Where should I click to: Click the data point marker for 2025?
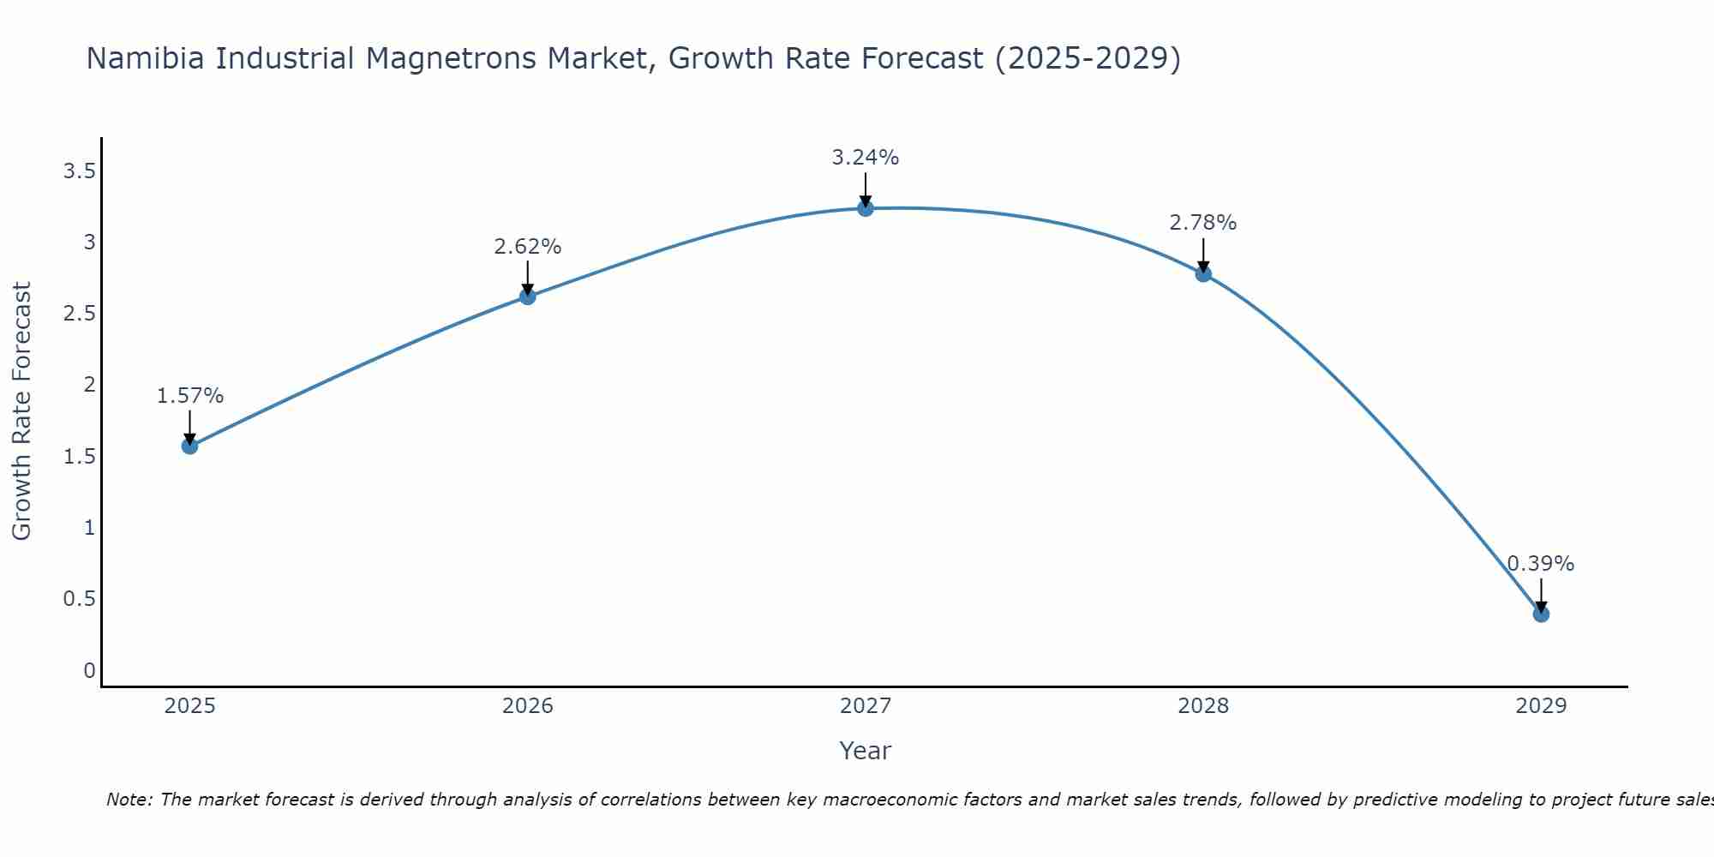tap(189, 446)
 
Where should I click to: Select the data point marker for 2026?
tap(527, 297)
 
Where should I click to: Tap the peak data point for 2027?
tap(865, 208)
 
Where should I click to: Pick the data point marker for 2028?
tap(1202, 274)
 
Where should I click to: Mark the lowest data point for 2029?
tap(1540, 614)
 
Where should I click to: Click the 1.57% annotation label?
tap(189, 396)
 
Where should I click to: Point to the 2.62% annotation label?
tap(527, 247)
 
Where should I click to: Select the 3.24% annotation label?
tap(865, 158)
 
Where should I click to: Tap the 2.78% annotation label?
tap(1202, 223)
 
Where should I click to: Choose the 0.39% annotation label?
tap(1540, 564)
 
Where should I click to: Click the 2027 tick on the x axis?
tap(865, 706)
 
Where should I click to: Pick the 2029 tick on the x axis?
tap(1540, 706)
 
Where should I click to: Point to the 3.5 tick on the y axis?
tap(79, 171)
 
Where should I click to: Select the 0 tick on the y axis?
tap(89, 670)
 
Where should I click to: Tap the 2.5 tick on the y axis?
tap(79, 314)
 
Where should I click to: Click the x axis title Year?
tap(865, 751)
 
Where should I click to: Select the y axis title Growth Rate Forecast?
tap(22, 411)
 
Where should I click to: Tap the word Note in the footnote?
tap(129, 800)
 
